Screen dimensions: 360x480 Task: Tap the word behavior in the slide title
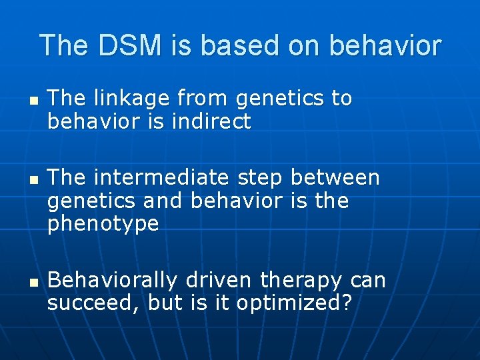385,45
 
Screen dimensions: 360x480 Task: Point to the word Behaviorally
114,281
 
